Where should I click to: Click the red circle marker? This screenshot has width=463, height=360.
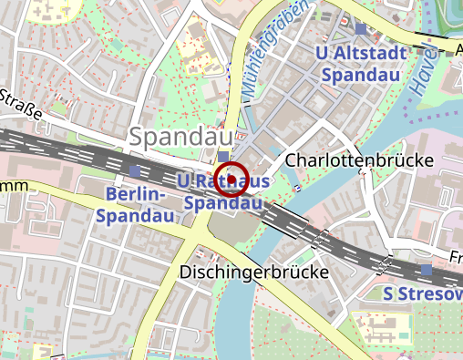[x=231, y=178]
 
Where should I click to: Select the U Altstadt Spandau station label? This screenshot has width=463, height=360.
[x=359, y=64]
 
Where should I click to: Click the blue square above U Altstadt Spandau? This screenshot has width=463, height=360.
[x=361, y=30]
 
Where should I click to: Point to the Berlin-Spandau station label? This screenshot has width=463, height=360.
[x=135, y=205]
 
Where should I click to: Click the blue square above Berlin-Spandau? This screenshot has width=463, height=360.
[x=135, y=170]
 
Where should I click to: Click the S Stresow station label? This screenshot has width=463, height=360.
[x=422, y=293]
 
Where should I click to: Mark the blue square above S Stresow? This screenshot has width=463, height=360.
[x=426, y=269]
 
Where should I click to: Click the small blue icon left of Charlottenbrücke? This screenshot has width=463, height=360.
[x=297, y=188]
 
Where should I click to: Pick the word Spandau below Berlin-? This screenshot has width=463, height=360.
[x=135, y=216]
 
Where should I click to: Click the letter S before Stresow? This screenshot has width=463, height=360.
[x=388, y=293]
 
